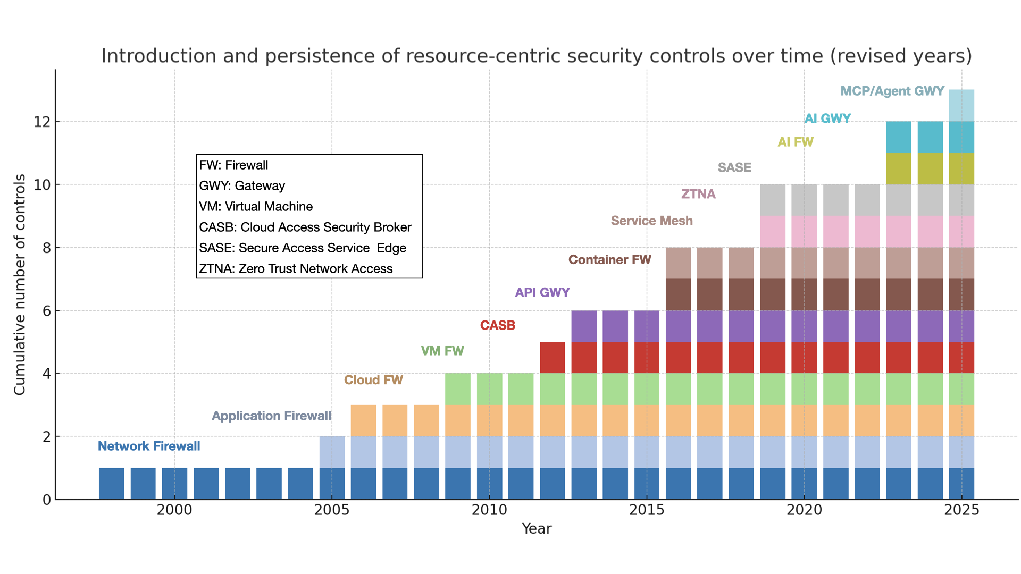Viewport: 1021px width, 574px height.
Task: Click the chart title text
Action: tap(536, 56)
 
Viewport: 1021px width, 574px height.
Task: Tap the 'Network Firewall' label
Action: tap(149, 446)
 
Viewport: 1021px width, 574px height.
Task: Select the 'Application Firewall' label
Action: tap(271, 416)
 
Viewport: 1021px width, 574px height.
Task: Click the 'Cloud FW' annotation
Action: tap(373, 381)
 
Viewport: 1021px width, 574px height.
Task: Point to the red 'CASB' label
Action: tap(497, 326)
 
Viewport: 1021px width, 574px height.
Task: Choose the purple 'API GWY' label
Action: tap(542, 293)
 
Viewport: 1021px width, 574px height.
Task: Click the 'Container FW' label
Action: tap(609, 260)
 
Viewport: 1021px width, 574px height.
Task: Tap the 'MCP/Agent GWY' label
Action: tap(892, 91)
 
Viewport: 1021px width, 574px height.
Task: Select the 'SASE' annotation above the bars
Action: tap(734, 168)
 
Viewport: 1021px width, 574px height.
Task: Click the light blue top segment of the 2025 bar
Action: tap(961, 105)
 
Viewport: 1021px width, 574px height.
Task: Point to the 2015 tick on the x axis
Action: tap(647, 510)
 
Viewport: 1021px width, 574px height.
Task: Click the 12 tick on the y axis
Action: tap(42, 122)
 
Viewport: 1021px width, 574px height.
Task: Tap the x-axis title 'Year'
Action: tap(537, 529)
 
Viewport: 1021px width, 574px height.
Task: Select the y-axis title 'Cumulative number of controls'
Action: tap(20, 285)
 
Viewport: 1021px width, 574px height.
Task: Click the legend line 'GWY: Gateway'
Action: tap(242, 186)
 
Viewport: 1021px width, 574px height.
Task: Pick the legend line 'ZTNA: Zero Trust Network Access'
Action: tap(296, 269)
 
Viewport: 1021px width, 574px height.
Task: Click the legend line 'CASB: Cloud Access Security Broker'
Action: tap(305, 227)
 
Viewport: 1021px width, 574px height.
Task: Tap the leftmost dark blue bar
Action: tap(112, 484)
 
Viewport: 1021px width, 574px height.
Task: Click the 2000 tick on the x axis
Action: tap(174, 510)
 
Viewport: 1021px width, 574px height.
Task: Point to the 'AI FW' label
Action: tap(795, 142)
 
